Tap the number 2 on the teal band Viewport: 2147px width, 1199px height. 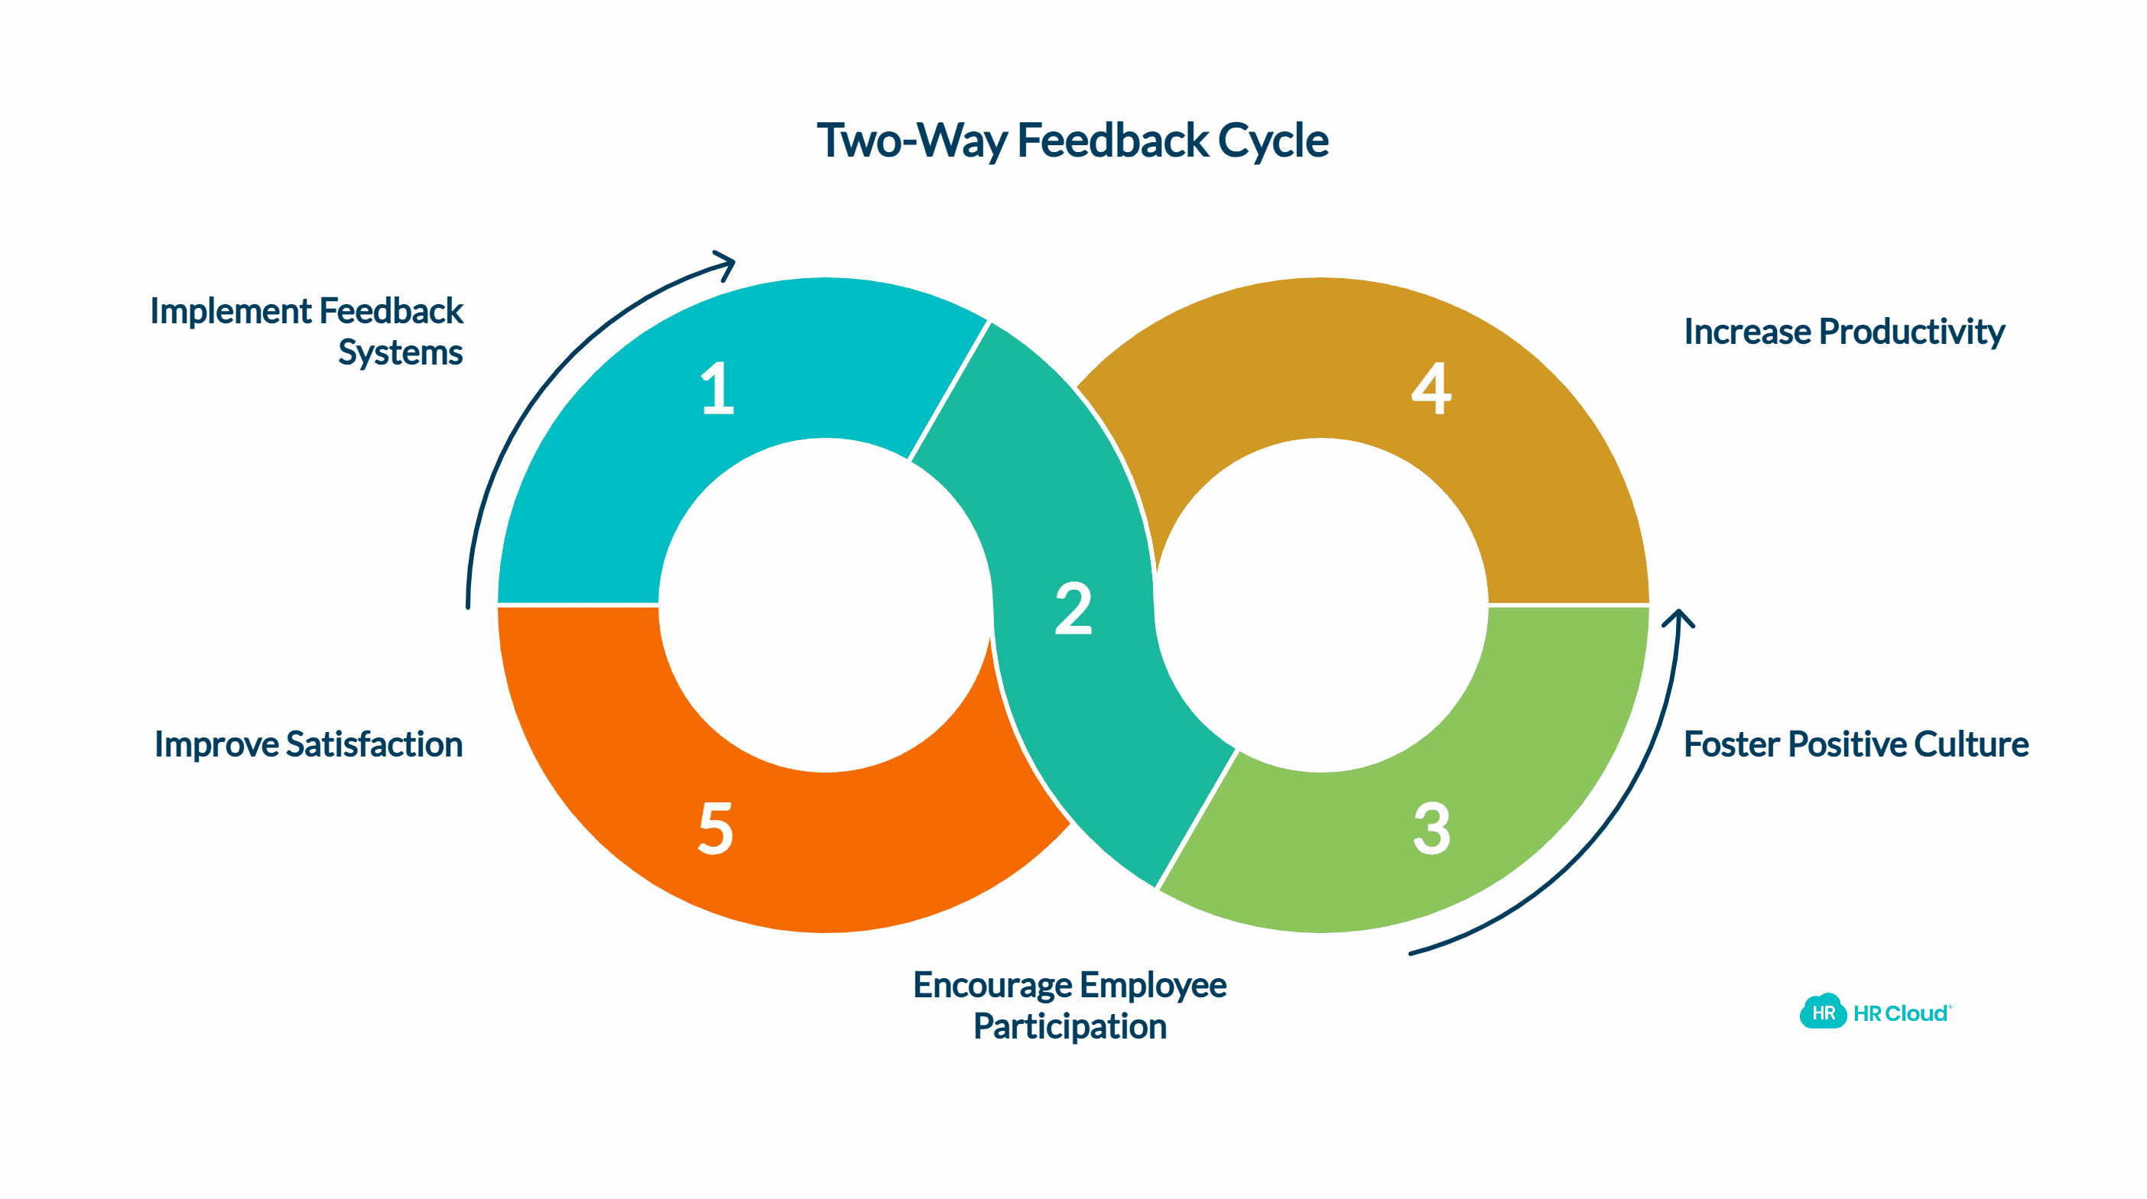click(x=1073, y=608)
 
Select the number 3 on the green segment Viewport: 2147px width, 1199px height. click(x=1432, y=828)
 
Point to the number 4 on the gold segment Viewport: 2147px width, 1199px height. click(x=1431, y=388)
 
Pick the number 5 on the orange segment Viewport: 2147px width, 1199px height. click(x=716, y=828)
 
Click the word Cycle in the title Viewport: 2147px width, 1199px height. click(x=1273, y=140)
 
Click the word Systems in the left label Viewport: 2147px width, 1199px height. click(x=400, y=352)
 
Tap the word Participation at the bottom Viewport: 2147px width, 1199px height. click(x=1070, y=1026)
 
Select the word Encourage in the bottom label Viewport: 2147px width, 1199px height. click(x=991, y=985)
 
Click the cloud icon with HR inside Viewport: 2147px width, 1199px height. click(x=1823, y=1013)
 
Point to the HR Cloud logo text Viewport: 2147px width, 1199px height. click(x=1900, y=1013)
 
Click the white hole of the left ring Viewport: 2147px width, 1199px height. click(x=825, y=605)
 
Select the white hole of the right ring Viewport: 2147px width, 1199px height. click(x=1321, y=605)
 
